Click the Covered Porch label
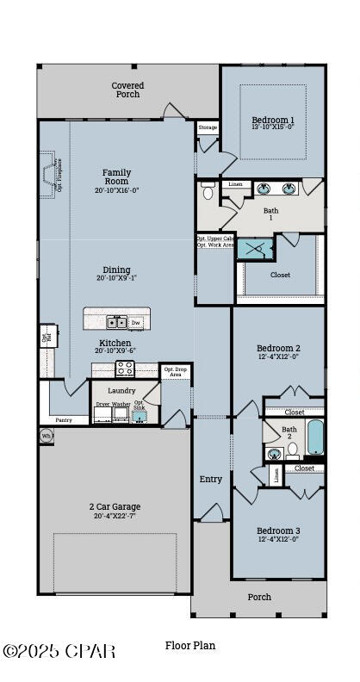127,90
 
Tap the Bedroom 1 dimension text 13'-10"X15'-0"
272,127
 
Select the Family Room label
116,177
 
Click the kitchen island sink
116,322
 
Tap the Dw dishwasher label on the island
136,322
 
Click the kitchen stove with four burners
125,369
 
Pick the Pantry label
64,420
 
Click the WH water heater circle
47,437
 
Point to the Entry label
211,479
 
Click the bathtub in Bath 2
315,437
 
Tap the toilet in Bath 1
208,191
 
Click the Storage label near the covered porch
208,127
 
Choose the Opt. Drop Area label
175,372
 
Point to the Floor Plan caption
190,645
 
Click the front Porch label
259,597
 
